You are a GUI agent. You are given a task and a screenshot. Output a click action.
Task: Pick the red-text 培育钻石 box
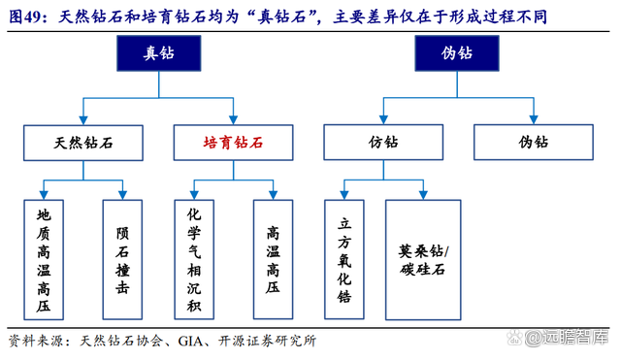click(233, 142)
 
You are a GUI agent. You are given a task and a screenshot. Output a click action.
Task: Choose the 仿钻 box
click(383, 142)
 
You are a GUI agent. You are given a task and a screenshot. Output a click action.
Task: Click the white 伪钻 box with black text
click(533, 142)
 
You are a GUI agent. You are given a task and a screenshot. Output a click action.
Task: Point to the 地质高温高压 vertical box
click(44, 260)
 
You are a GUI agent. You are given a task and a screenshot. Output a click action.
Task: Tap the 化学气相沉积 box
click(194, 260)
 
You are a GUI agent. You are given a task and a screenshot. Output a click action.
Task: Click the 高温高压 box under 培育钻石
click(273, 260)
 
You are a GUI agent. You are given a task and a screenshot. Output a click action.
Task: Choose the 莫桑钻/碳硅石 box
click(424, 260)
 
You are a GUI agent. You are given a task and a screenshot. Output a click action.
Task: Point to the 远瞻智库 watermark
click(573, 339)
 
